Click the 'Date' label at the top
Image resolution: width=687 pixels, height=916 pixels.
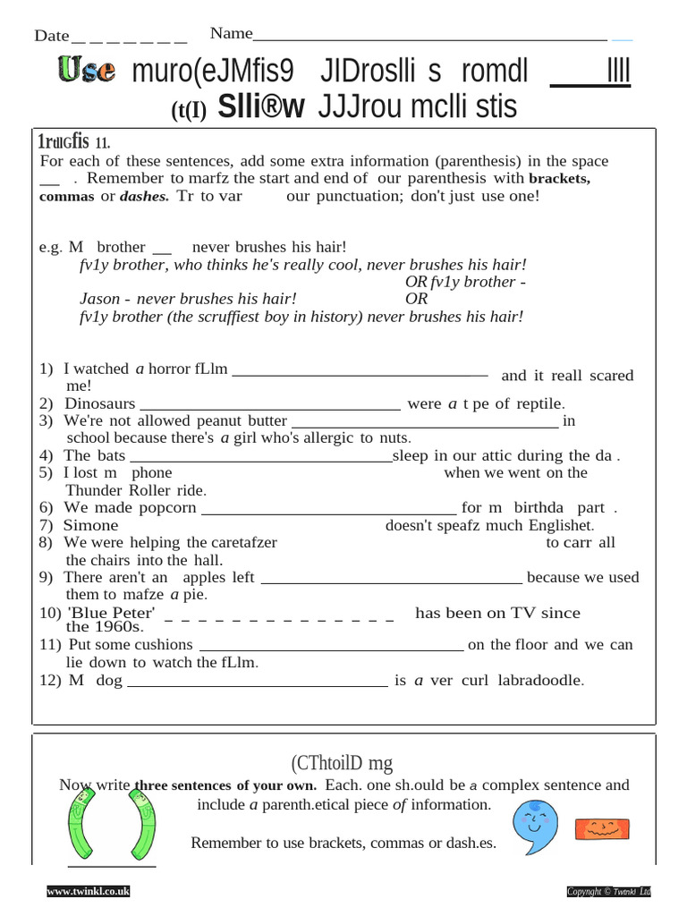(x=51, y=36)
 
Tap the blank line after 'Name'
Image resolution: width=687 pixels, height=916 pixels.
(x=429, y=39)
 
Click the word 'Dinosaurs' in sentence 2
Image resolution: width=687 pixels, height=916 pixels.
(x=100, y=403)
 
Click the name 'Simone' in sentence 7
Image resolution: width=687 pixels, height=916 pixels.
(x=90, y=525)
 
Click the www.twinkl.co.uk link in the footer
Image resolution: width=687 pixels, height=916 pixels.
(x=89, y=891)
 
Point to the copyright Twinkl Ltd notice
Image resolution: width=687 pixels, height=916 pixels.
(x=608, y=891)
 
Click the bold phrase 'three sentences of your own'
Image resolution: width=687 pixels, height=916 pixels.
(x=225, y=785)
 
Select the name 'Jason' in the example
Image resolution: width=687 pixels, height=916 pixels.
(x=99, y=299)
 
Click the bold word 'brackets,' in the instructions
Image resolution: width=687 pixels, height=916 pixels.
(x=560, y=178)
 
